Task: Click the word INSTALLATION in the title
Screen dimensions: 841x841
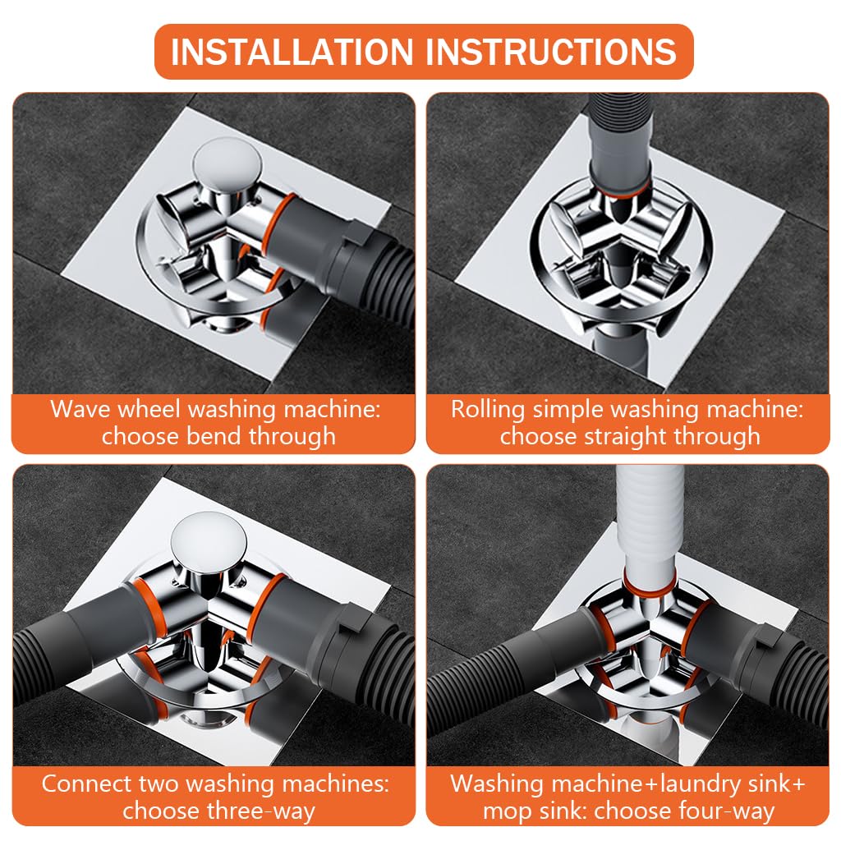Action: click(292, 52)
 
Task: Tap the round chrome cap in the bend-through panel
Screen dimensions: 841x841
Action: click(228, 162)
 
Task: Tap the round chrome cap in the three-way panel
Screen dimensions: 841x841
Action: click(209, 539)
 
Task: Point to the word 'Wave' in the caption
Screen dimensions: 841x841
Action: click(80, 409)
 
